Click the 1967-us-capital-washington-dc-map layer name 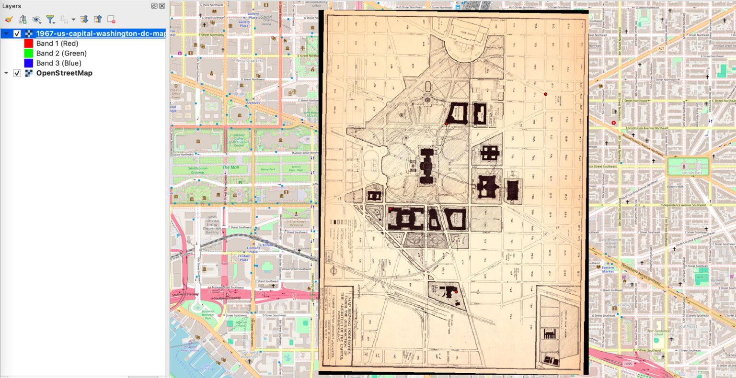point(101,33)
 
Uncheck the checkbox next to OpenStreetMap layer point(17,73)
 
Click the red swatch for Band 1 point(28,44)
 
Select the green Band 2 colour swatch point(28,53)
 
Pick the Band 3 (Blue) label point(58,63)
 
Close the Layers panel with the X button point(162,6)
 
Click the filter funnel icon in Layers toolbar point(50,20)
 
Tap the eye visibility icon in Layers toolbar point(36,20)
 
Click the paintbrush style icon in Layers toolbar point(9,20)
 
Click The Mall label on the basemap point(230,167)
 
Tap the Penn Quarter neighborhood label point(248,61)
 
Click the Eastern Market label point(608,269)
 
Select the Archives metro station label point(253,103)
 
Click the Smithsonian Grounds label point(197,170)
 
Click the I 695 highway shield point(628,364)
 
